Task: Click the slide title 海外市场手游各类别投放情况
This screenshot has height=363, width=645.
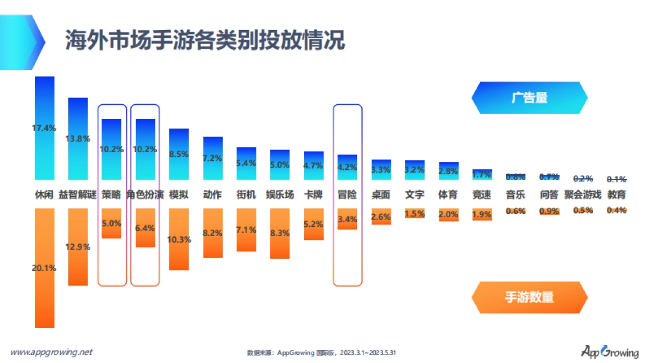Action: [x=205, y=40]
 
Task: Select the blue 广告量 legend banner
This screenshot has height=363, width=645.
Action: [x=529, y=98]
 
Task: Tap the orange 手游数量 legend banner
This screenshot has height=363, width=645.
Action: [x=529, y=297]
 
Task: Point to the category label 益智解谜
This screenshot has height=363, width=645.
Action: [x=78, y=195]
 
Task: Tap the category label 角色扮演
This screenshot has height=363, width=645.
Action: [x=145, y=195]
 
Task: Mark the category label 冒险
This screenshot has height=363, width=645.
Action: [x=347, y=195]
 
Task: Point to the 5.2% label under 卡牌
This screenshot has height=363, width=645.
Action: [x=314, y=224]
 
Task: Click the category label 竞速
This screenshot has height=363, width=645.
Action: [x=482, y=195]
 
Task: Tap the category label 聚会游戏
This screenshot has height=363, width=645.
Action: [x=583, y=195]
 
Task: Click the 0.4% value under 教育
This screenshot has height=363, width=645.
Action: [x=617, y=211]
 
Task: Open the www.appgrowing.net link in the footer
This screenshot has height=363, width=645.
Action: [x=52, y=352]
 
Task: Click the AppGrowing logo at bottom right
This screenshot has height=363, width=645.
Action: [x=609, y=352]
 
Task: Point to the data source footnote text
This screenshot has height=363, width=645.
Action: [x=321, y=353]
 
